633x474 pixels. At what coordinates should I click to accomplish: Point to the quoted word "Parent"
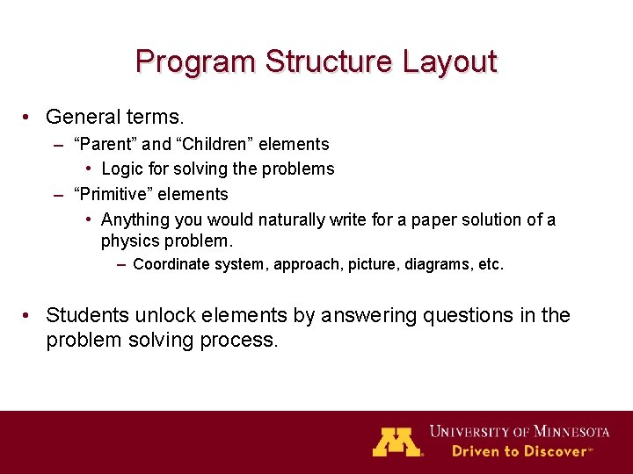[105, 144]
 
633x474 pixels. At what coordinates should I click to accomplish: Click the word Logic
[122, 169]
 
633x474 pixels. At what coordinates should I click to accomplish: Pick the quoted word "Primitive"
[112, 194]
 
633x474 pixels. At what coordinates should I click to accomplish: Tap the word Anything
[136, 219]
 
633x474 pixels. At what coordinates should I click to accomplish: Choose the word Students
[85, 315]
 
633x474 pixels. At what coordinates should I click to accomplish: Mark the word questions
[473, 315]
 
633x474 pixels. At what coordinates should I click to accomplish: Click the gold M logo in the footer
[397, 442]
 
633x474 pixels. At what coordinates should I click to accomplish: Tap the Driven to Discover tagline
[521, 451]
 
